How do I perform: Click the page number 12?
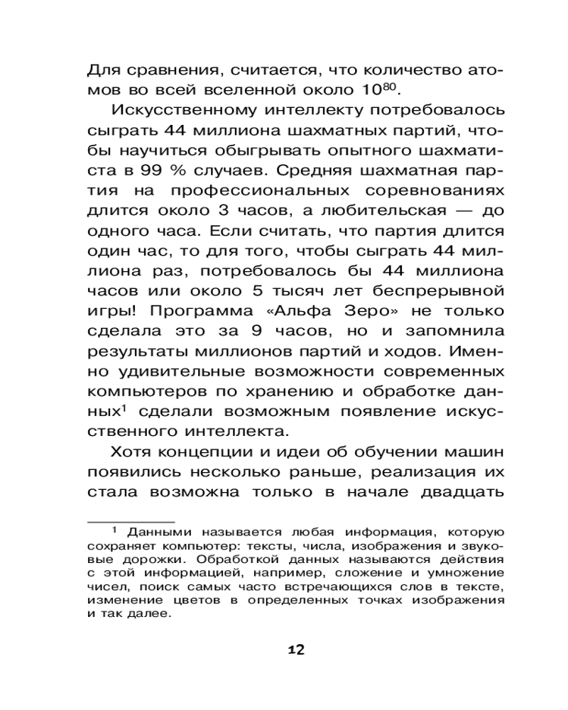(x=296, y=650)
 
